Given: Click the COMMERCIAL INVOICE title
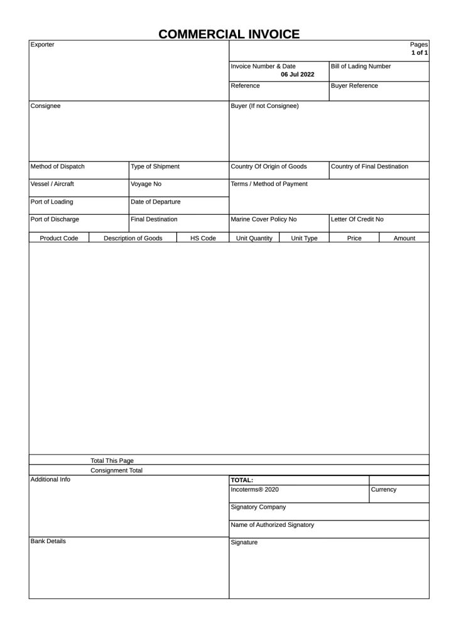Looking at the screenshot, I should (x=229, y=34).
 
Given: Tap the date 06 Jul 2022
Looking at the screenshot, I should (x=298, y=74).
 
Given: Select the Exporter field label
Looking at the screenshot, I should (x=43, y=45).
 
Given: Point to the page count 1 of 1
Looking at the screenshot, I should (x=420, y=53).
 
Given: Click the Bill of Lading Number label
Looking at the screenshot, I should (x=361, y=66).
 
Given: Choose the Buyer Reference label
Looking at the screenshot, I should (x=354, y=85).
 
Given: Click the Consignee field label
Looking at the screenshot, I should (x=45, y=106).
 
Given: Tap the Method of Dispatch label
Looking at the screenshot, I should (x=57, y=166).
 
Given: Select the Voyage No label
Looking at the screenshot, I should (x=146, y=184).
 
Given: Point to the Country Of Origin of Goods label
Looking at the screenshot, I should (x=269, y=166).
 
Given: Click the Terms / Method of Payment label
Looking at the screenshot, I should (x=269, y=184).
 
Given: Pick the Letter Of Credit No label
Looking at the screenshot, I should (x=357, y=219).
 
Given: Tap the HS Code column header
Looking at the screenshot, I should (x=203, y=238).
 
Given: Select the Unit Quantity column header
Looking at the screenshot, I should (x=254, y=238).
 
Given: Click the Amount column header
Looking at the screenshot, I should (x=404, y=238).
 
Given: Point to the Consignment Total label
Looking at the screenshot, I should (x=116, y=470).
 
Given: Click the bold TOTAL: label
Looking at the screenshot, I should (x=242, y=480).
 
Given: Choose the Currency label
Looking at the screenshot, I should (x=384, y=489).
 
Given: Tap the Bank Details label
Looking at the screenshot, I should (x=48, y=541).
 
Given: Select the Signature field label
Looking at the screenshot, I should (x=244, y=543).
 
